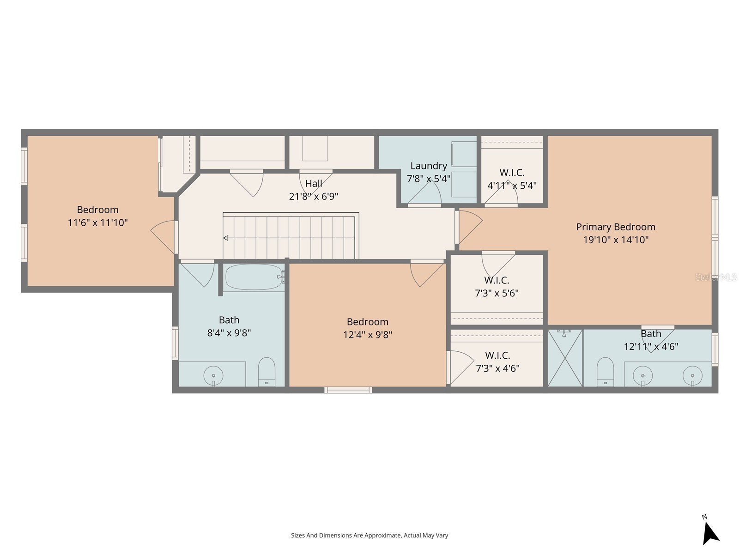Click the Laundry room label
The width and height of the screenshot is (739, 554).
[429, 166]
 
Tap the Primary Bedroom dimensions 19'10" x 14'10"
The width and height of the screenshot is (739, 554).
[616, 240]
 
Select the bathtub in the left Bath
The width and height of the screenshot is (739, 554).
[254, 277]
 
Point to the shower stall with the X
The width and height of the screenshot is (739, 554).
[565, 358]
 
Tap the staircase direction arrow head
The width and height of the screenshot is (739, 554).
[225, 238]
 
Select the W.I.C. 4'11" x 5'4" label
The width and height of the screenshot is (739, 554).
[512, 179]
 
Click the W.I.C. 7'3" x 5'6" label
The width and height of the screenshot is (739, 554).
[497, 287]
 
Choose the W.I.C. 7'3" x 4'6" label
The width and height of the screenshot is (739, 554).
[497, 361]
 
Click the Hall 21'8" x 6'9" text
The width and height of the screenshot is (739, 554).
[314, 190]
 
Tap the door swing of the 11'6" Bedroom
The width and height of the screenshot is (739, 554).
[163, 233]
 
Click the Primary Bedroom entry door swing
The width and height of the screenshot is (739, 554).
[469, 226]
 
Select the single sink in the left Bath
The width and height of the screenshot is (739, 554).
[213, 375]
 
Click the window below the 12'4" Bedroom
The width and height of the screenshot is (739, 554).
[348, 390]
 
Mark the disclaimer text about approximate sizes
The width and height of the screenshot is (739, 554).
[369, 536]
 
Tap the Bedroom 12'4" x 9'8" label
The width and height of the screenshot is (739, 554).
[367, 328]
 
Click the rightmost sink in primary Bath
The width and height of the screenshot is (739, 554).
[692, 375]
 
